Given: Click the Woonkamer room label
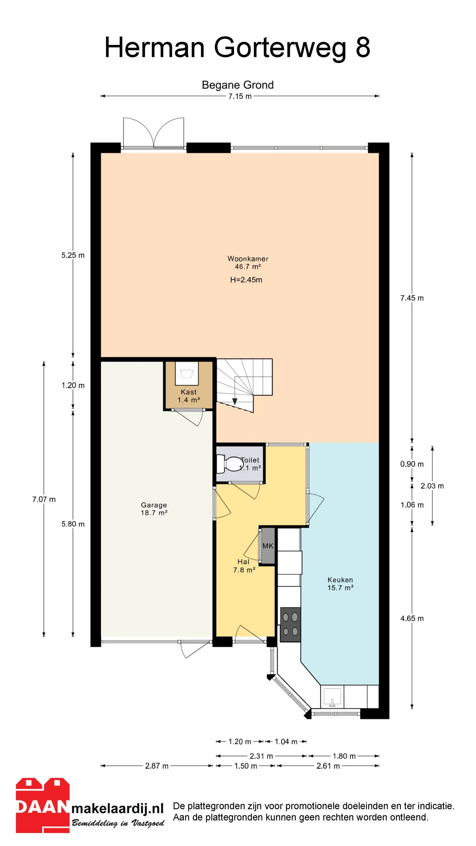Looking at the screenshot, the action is point(248,259).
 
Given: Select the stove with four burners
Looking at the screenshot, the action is point(291,624).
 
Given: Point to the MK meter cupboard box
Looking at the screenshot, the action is point(268,546).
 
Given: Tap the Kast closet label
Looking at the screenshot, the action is point(188,396).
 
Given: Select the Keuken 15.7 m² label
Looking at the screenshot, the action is point(340,584).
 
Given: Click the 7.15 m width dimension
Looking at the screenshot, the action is point(240,96).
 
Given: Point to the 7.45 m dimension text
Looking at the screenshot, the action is point(412,298).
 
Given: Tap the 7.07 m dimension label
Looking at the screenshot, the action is point(44,499).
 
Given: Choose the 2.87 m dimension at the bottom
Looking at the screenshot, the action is point(157,766).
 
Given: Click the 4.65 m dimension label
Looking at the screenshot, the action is point(412,619).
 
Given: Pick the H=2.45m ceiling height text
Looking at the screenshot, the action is point(246,280).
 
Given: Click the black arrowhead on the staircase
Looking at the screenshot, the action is point(235,402).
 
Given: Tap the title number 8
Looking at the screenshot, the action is point(363,47).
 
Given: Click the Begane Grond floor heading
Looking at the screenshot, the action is point(238,85).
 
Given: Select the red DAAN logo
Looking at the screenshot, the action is point(43,805).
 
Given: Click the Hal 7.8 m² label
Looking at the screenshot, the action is point(244,566).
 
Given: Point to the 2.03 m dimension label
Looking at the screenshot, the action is point(432,486).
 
